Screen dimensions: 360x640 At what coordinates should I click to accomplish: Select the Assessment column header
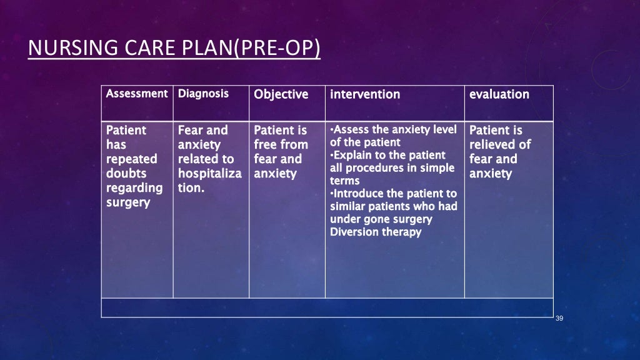point(137,94)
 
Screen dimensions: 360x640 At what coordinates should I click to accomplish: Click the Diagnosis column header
point(203,94)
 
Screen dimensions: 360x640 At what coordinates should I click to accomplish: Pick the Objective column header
point(281,94)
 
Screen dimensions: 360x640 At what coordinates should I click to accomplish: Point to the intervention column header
point(365,94)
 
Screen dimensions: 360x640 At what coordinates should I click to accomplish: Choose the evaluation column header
point(499,94)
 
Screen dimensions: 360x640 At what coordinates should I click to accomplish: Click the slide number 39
point(559,319)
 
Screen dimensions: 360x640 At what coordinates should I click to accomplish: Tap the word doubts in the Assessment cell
point(126,173)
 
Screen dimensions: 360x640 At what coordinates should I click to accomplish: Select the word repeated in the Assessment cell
point(131,159)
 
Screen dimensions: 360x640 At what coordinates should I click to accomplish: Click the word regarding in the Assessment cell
point(134,187)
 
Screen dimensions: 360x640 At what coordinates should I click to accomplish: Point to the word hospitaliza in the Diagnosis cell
point(209,173)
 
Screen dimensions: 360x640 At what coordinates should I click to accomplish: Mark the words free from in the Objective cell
point(281,144)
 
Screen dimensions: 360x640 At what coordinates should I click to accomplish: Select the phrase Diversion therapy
point(375,232)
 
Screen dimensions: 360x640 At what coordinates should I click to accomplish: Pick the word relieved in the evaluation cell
point(494,144)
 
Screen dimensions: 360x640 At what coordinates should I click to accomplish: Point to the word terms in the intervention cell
point(344,181)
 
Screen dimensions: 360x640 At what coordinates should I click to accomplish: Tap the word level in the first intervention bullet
point(444,130)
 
